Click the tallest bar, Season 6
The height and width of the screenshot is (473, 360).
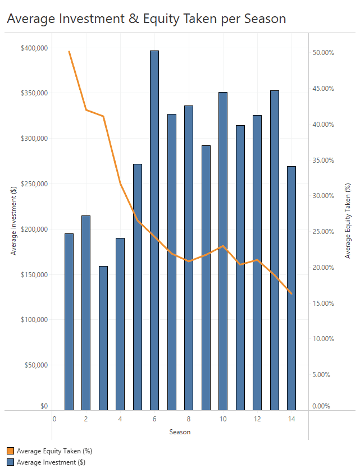pyautogui.click(x=154, y=230)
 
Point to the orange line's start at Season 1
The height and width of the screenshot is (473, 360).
pyautogui.click(x=69, y=52)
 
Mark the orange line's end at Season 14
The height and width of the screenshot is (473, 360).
pyautogui.click(x=291, y=293)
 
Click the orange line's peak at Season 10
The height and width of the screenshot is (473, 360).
pyautogui.click(x=223, y=246)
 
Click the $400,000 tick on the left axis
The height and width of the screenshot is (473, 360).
pyautogui.click(x=34, y=48)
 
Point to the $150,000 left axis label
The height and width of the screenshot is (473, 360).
pyautogui.click(x=34, y=275)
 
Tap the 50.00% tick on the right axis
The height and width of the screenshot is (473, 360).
pyautogui.click(x=323, y=53)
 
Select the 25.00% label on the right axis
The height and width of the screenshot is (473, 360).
pyautogui.click(x=323, y=232)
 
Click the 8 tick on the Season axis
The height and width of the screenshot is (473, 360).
pyautogui.click(x=189, y=419)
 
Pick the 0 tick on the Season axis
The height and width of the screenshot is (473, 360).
pyautogui.click(x=54, y=419)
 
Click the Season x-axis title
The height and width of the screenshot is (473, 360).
pyautogui.click(x=180, y=432)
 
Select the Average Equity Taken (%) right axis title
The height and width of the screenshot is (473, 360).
pyautogui.click(x=348, y=221)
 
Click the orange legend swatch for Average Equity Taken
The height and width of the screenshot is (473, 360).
pyautogui.click(x=11, y=451)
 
